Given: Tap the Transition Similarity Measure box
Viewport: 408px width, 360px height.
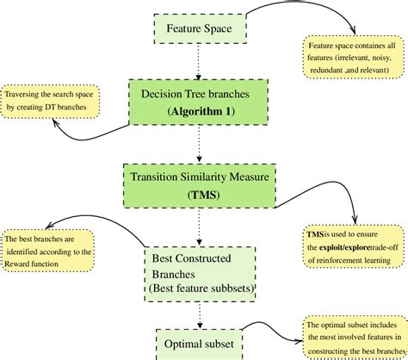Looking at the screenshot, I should click(200, 185).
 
